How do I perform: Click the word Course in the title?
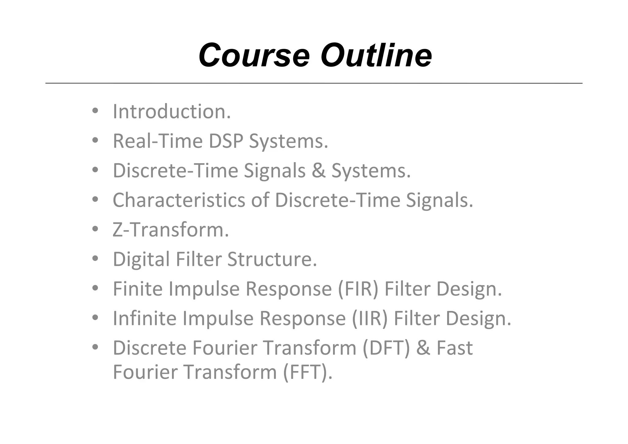(x=254, y=55)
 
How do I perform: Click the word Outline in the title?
(x=376, y=55)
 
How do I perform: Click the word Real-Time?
(x=158, y=141)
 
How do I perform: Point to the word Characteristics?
(x=179, y=200)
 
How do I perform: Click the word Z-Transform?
(x=171, y=230)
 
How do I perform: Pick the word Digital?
(x=141, y=259)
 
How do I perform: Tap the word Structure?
(x=272, y=259)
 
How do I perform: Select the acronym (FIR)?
(x=358, y=289)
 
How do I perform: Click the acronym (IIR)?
(x=370, y=319)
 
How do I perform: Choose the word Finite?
(x=138, y=289)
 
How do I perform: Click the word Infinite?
(x=145, y=319)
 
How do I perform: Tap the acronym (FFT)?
(x=307, y=372)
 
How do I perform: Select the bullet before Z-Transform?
(x=95, y=229)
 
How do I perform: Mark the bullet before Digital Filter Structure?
(x=95, y=259)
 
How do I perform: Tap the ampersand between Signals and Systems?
(x=319, y=171)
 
